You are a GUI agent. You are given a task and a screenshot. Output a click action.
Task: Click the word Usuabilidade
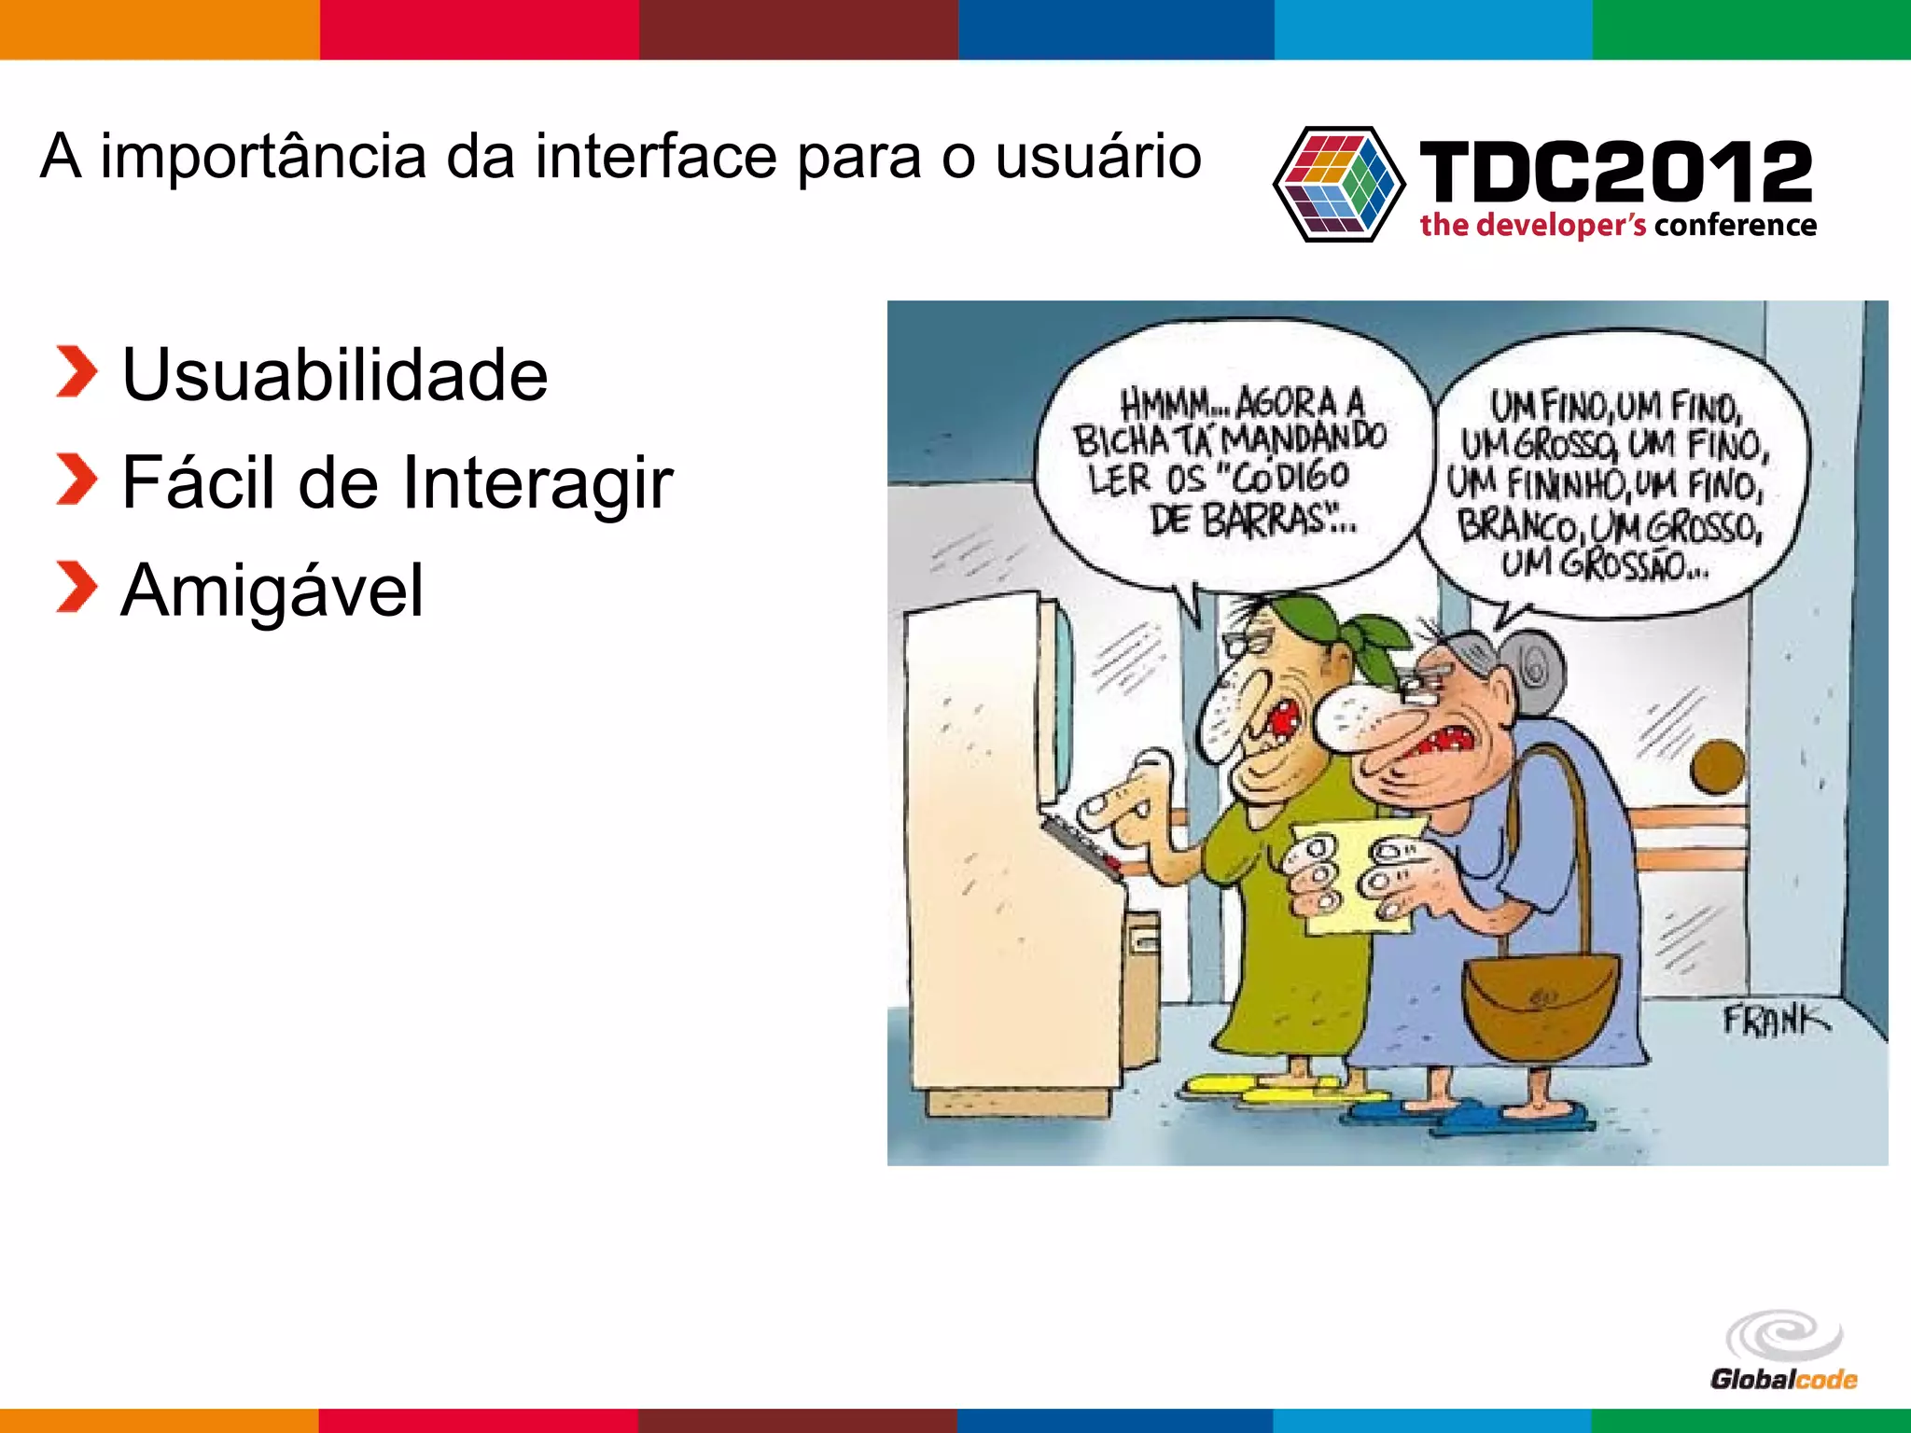[334, 375]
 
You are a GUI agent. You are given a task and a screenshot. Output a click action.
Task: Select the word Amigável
[272, 591]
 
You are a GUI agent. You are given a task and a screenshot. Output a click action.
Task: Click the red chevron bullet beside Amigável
[76, 588]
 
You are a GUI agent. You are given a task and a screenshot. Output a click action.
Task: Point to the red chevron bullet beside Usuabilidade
[76, 371]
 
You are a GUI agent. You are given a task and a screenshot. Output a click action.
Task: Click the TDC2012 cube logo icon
[1338, 184]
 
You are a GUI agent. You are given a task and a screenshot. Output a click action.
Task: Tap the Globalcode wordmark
[1783, 1379]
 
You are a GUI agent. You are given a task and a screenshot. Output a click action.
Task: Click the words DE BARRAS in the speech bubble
[1250, 521]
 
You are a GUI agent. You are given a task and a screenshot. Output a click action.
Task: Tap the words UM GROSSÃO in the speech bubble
[1605, 564]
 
